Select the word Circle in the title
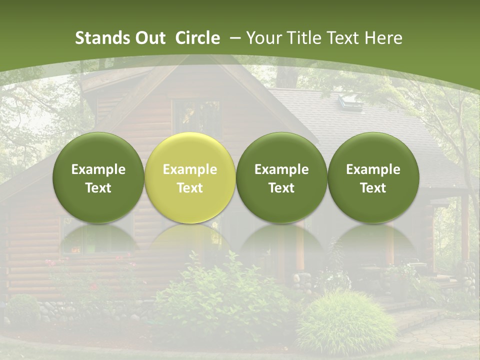[x=197, y=38]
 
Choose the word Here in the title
[x=383, y=38]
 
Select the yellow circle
[x=189, y=177]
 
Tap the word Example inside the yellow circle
[x=189, y=169]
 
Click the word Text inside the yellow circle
[x=189, y=188]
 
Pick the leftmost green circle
[x=98, y=177]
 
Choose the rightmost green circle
[x=373, y=177]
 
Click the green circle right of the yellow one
[x=281, y=177]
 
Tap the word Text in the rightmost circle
[x=373, y=188]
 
